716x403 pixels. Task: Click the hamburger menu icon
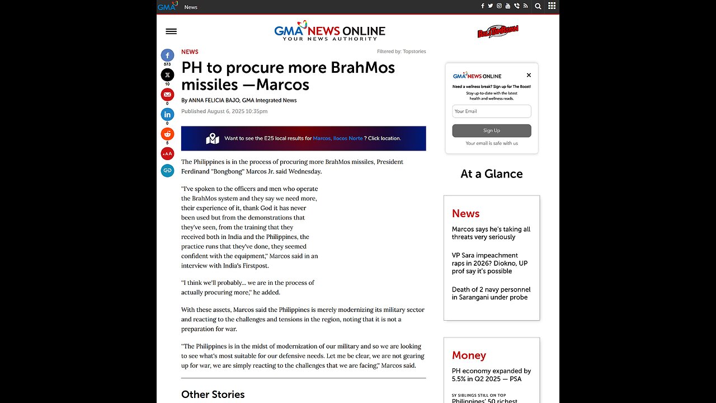[171, 31]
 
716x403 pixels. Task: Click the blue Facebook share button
[167, 55]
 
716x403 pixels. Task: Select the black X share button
[167, 75]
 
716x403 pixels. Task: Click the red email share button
[167, 95]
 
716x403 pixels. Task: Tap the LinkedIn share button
[167, 115]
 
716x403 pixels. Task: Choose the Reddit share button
[167, 134]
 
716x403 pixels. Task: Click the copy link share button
[167, 171]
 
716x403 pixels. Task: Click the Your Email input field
[491, 111]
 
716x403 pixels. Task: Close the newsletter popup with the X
[529, 75]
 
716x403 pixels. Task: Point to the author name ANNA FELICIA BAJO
[214, 100]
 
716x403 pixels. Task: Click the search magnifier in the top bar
[538, 6]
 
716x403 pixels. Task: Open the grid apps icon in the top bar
[552, 6]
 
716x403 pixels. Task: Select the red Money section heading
[469, 355]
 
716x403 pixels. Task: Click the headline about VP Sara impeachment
[489, 263]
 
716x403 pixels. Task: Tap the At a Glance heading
[491, 174]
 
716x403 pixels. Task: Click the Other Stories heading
[213, 395]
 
